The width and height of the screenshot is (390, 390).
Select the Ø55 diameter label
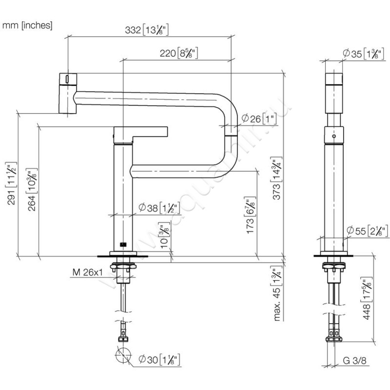(x=366, y=230)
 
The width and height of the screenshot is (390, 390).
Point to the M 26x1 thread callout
(x=86, y=273)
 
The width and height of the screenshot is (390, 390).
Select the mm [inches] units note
(x=27, y=24)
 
